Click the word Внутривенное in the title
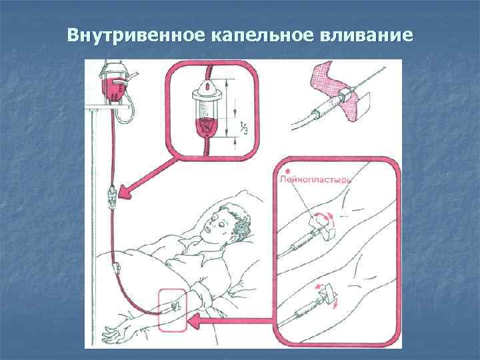tap(136, 35)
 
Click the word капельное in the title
tap(263, 35)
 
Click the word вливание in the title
tap(367, 35)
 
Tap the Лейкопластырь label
tap(315, 179)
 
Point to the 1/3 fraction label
tap(244, 127)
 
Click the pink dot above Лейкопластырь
tap(287, 172)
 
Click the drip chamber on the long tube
tap(113, 198)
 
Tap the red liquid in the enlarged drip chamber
tap(207, 127)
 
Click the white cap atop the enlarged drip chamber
tap(207, 89)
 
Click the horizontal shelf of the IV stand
tap(107, 107)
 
